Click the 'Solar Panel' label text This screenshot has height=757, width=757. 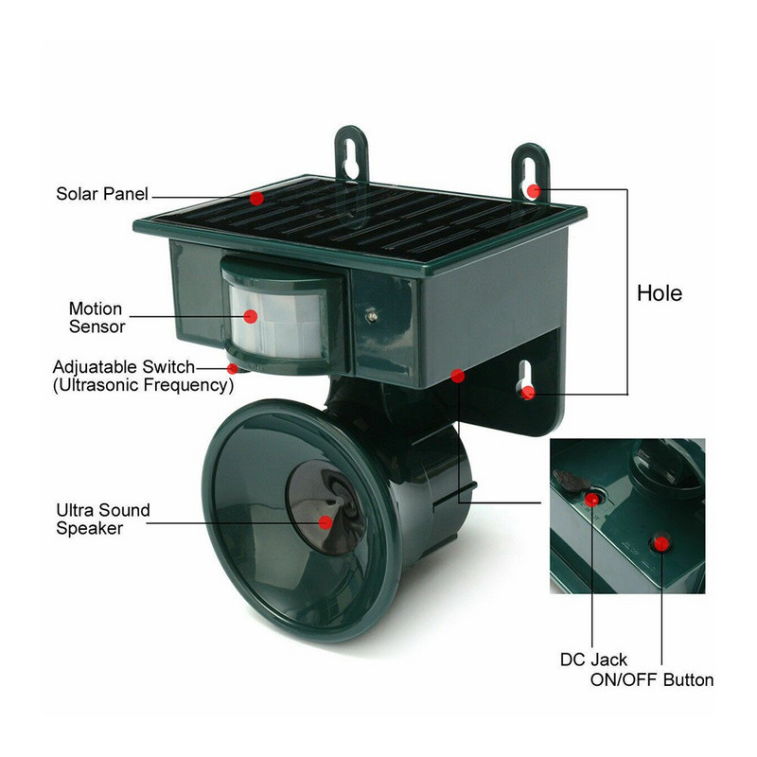[102, 194]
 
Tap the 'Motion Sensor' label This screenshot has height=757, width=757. [96, 318]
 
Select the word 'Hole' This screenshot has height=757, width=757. [659, 293]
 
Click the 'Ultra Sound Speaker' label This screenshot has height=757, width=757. [102, 519]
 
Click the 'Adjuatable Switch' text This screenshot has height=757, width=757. [124, 367]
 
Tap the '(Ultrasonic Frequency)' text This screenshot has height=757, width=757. [143, 385]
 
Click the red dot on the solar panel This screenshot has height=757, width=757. [256, 198]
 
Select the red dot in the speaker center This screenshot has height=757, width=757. [325, 521]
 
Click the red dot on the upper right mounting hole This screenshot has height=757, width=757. [534, 190]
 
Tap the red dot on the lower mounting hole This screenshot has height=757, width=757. [528, 392]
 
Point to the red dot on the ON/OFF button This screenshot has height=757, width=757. [661, 543]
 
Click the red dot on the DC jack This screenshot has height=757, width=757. [592, 499]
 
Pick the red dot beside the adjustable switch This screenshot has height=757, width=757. [233, 367]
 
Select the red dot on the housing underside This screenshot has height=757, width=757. [457, 377]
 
